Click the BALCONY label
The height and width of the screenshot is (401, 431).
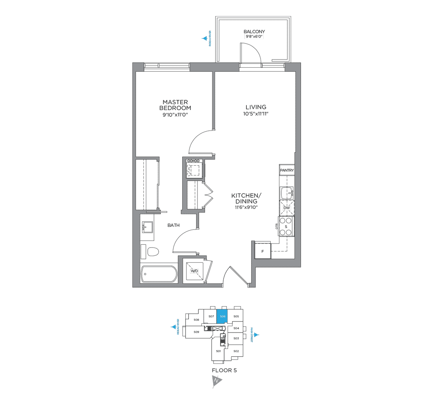coord(254,32)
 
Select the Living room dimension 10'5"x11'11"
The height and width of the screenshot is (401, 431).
coord(256,114)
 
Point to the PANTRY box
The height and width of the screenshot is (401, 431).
coord(287,170)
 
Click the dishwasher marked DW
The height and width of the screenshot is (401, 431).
coord(287,208)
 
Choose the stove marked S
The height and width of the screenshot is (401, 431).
coord(286,227)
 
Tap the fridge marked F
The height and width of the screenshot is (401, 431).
coord(263,251)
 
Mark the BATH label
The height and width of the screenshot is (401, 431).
coord(174,225)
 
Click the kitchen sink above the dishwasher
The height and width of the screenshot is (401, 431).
coord(286,192)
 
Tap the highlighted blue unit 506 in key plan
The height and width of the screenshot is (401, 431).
coord(223,316)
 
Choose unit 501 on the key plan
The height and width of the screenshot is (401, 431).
coord(218,351)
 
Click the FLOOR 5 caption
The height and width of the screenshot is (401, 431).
coord(225,370)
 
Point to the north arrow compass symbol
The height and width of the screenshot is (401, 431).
coord(216,381)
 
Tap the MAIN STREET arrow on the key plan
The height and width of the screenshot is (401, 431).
coord(257,335)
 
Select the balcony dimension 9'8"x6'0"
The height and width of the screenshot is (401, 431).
coord(254,38)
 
